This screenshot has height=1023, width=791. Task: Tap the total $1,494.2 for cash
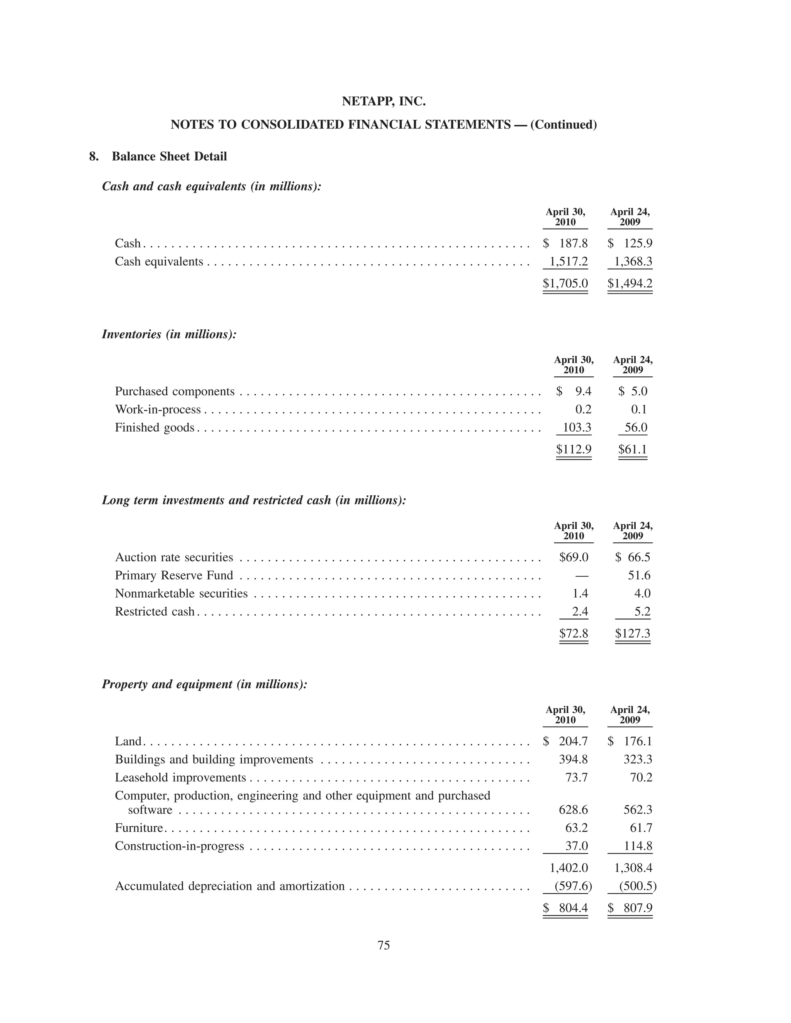(x=630, y=283)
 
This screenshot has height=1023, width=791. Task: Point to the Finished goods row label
(x=154, y=428)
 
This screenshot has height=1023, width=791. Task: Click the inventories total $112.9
(x=574, y=450)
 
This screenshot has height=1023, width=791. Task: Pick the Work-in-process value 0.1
(x=639, y=409)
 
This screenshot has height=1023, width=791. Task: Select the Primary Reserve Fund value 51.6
(x=639, y=575)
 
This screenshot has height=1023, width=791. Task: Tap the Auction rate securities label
(x=174, y=557)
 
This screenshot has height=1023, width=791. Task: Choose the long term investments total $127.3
(x=632, y=634)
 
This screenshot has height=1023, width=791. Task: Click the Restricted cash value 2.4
(x=580, y=612)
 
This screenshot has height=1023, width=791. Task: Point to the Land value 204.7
(x=573, y=741)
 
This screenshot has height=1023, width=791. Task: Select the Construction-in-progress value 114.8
(x=638, y=846)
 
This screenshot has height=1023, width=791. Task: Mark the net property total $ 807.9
(x=630, y=908)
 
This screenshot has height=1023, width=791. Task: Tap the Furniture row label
(x=139, y=828)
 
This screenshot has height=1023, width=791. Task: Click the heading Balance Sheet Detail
(x=169, y=156)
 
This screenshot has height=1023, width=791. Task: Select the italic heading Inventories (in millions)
(x=169, y=334)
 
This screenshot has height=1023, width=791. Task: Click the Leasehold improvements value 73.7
(x=576, y=777)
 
